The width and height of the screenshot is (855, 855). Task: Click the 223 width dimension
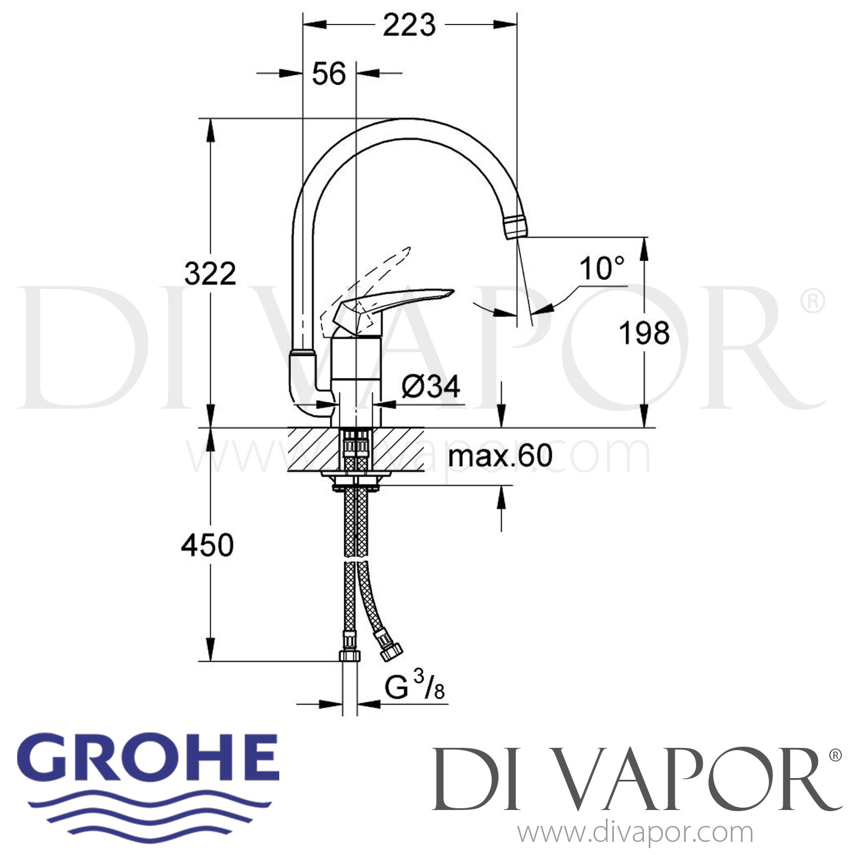pyautogui.click(x=409, y=26)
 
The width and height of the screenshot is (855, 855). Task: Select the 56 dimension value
pyautogui.click(x=329, y=74)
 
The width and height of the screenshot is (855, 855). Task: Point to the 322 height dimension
pyautogui.click(x=210, y=274)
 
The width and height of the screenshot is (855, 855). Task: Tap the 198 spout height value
pyautogui.click(x=645, y=333)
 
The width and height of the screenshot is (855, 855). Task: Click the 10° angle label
pyautogui.click(x=601, y=268)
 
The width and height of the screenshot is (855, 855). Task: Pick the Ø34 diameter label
pyautogui.click(x=430, y=387)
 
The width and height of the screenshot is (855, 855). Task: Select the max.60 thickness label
pyautogui.click(x=500, y=456)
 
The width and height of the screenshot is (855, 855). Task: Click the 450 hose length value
pyautogui.click(x=207, y=545)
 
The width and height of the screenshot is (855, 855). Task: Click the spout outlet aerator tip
pyautogui.click(x=516, y=226)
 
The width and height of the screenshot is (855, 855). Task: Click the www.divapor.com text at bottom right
pyautogui.click(x=635, y=833)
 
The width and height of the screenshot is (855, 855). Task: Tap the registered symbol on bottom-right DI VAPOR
pyautogui.click(x=834, y=755)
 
